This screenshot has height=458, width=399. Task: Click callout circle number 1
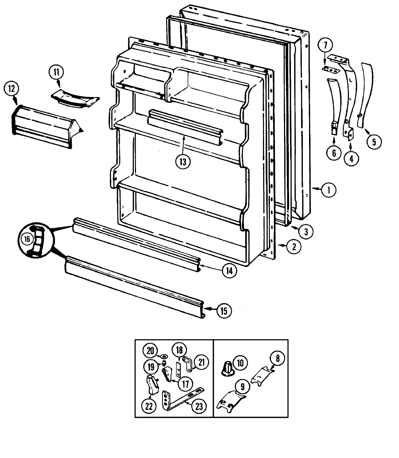coord(328,190)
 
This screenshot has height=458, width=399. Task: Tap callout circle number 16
coord(26,239)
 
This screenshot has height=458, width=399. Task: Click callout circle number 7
coord(325,46)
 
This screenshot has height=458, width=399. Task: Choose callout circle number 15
coord(225,310)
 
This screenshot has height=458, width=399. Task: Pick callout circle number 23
coord(199,406)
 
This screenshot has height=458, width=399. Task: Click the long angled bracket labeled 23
coord(181,399)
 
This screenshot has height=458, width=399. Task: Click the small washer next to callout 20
coord(163,356)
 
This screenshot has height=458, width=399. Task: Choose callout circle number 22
coord(149,406)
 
